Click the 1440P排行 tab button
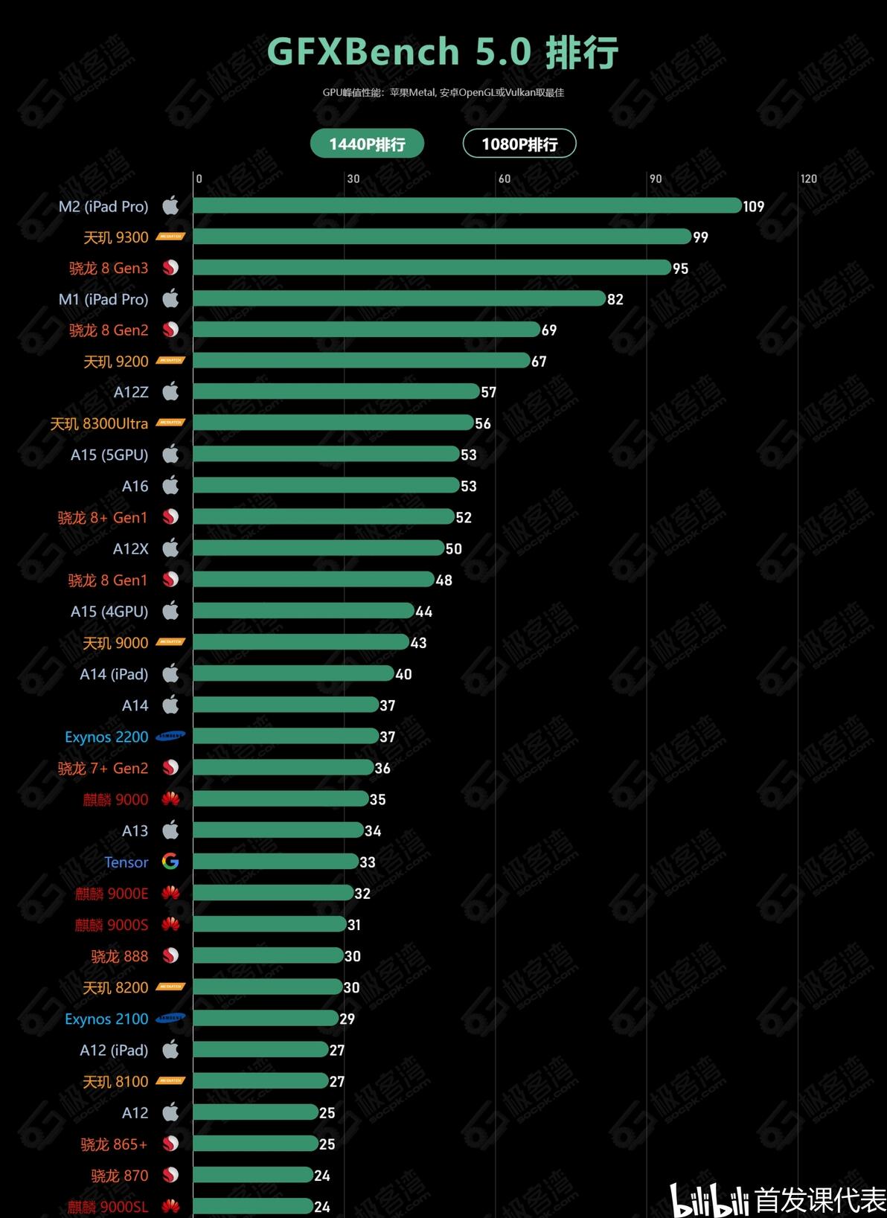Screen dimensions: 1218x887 367,144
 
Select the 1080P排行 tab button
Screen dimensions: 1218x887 519,144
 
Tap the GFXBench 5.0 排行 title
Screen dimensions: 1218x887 443,52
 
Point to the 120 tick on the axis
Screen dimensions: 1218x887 808,179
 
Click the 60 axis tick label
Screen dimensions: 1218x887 505,179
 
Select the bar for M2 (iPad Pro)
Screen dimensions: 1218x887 467,205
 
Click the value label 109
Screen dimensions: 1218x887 753,206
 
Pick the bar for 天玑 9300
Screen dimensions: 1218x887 442,237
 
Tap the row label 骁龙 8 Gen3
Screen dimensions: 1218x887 109,268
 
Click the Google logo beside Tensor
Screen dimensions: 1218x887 170,862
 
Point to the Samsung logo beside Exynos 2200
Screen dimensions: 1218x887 170,737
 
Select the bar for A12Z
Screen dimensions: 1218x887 336,391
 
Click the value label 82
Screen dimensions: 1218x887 615,299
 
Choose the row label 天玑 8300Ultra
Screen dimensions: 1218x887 99,423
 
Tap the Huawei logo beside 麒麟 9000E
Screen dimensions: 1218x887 170,893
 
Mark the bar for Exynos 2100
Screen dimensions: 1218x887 266,1019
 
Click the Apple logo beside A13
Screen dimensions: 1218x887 170,830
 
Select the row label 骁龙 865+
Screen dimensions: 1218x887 114,1144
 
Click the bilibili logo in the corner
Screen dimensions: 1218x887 709,1199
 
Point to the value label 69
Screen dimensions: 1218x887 549,330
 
